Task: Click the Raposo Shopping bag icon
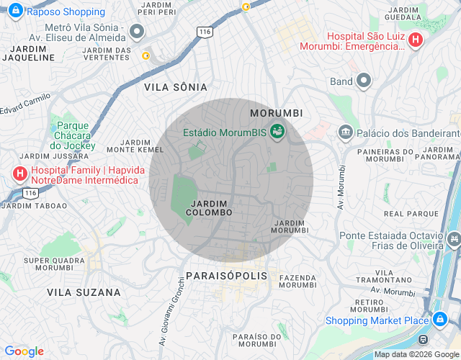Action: tap(15, 12)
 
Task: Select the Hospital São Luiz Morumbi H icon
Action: tap(415, 41)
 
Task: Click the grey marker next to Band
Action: tap(364, 81)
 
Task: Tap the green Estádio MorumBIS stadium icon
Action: tap(277, 132)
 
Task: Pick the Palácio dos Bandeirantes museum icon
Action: tap(345, 133)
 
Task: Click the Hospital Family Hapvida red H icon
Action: tap(19, 174)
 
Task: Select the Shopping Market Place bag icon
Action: tap(439, 320)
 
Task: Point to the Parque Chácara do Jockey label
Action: tap(73, 135)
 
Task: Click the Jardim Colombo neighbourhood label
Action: tap(209, 208)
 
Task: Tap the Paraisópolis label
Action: tap(226, 276)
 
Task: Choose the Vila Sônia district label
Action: tap(176, 87)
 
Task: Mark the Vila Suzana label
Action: tap(84, 292)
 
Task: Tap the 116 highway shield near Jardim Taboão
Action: tap(30, 193)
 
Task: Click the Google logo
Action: tap(24, 351)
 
